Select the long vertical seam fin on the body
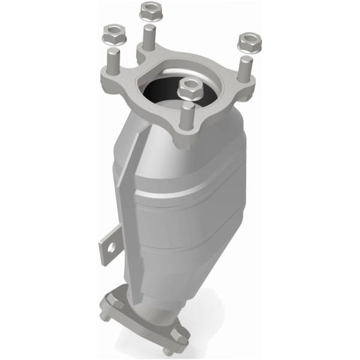(127, 204)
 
